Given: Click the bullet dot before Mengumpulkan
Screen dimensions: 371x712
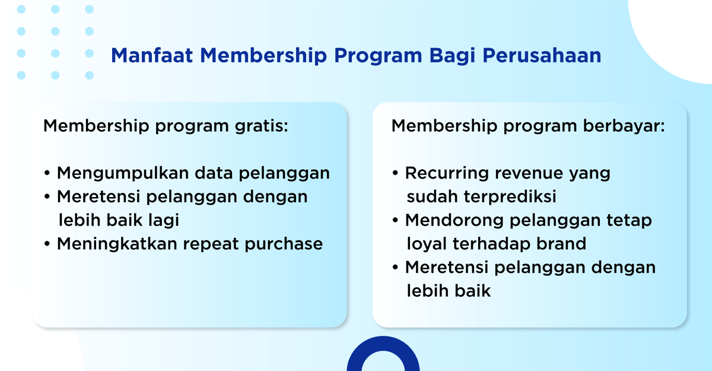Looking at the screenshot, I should [x=47, y=174].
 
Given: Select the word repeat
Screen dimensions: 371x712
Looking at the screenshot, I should [x=217, y=244].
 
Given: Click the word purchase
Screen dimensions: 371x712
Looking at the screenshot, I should [x=288, y=244].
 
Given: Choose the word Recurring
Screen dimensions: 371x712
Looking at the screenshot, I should [x=450, y=173].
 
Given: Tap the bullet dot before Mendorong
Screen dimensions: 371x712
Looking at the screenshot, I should [x=395, y=221].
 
